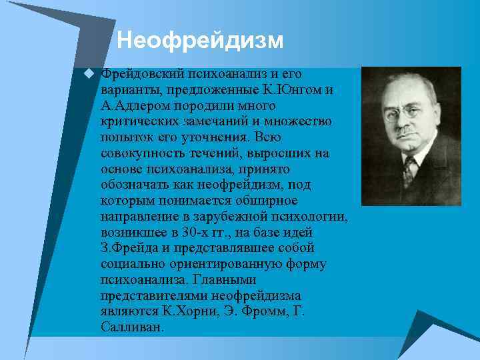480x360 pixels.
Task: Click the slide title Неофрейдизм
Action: (200, 41)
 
